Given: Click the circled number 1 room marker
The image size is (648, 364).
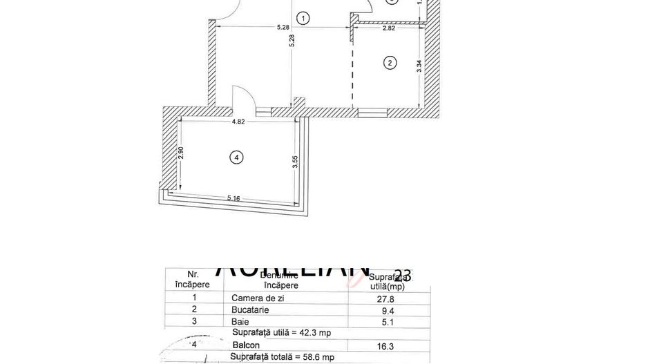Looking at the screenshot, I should click(303, 17).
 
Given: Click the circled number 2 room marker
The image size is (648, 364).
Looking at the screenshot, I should click(390, 63).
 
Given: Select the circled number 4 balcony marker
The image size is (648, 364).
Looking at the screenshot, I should click(237, 158).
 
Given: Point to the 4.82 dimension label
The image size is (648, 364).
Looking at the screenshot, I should click(238, 122).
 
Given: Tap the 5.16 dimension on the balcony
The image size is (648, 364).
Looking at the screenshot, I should click(234, 199).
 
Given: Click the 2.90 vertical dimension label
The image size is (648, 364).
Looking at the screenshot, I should click(181, 154).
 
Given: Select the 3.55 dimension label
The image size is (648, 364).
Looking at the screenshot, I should click(295, 163).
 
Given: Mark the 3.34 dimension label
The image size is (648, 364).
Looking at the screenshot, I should click(419, 67).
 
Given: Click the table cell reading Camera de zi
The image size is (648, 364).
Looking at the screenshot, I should click(258, 298).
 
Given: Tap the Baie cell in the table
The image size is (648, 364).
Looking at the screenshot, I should click(239, 321).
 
